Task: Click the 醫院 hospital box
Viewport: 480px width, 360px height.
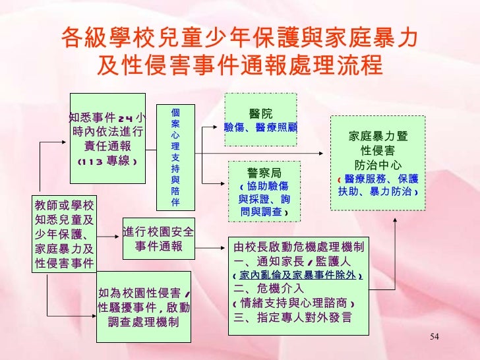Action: point(260,119)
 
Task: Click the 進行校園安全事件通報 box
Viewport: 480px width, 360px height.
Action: point(157,239)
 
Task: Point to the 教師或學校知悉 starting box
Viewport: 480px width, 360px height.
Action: point(63,235)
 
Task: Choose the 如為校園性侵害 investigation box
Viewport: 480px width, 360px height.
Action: point(143,307)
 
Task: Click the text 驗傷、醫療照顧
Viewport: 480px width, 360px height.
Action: point(260,126)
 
